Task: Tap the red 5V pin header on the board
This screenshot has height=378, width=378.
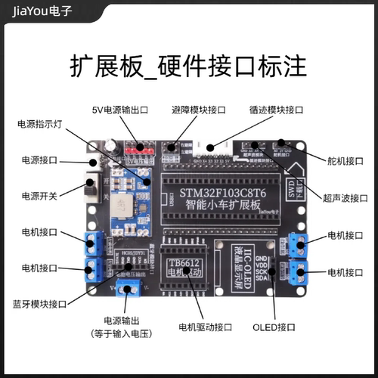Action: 141,148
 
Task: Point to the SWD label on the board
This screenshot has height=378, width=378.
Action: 293,183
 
